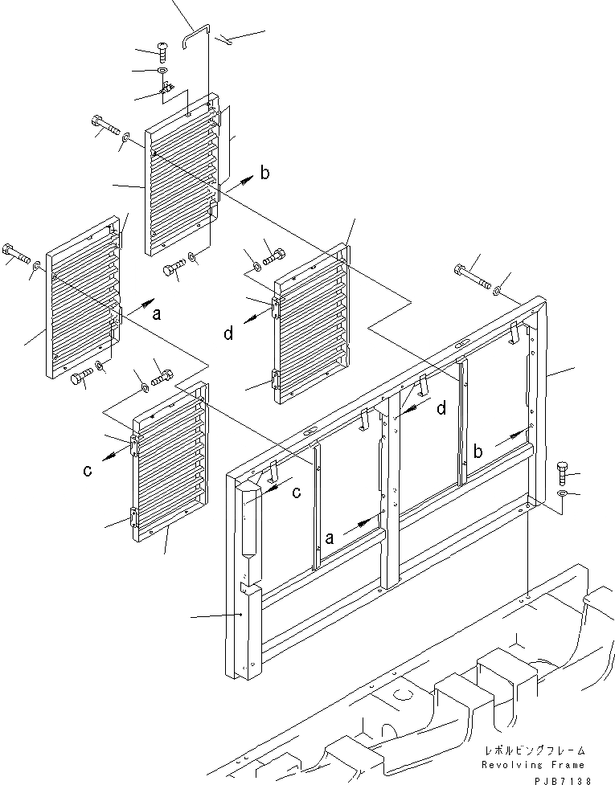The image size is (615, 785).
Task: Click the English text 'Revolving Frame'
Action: click(x=534, y=764)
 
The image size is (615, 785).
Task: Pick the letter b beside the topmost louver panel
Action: click(x=265, y=173)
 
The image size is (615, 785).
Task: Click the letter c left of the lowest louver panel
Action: click(x=87, y=472)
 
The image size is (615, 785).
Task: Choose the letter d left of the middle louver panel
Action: click(x=229, y=332)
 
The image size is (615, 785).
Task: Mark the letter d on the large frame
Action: click(x=440, y=409)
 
